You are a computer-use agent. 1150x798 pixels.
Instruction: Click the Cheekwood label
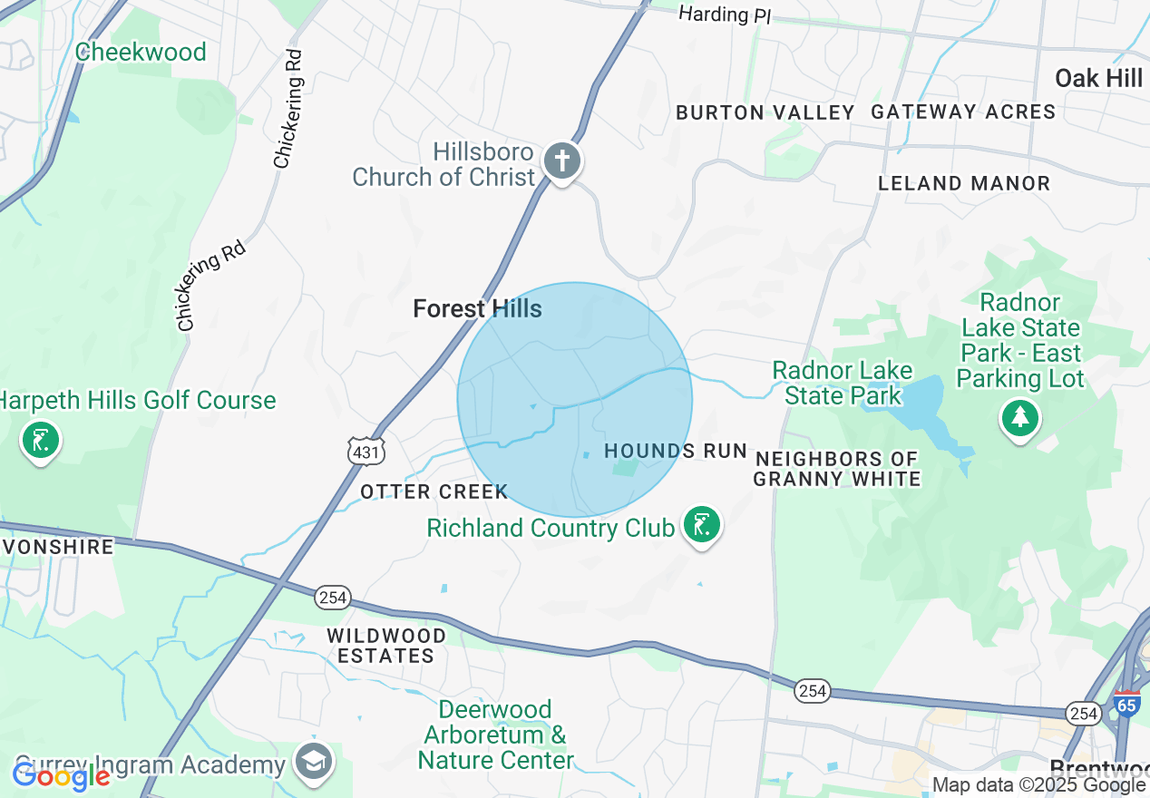[141, 53]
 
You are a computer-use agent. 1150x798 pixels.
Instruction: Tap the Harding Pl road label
[724, 15]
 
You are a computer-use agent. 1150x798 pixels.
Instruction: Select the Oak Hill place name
[1098, 79]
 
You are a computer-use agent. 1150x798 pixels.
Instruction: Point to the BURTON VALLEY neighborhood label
[765, 112]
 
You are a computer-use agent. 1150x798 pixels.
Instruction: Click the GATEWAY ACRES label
[963, 112]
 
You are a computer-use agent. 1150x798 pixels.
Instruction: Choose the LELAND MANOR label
[963, 183]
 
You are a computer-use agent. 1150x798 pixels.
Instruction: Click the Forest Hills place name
[477, 309]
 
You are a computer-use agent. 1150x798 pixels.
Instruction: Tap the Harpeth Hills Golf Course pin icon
[40, 441]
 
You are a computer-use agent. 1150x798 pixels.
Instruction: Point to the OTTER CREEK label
[434, 491]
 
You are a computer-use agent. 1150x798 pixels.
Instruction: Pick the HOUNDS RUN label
[675, 451]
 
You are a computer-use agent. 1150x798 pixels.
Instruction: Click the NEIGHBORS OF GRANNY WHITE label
[836, 469]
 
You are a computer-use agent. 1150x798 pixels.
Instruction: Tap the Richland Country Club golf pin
[701, 525]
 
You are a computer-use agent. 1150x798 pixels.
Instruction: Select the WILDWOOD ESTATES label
[386, 645]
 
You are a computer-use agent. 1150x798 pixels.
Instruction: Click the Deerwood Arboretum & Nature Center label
[496, 735]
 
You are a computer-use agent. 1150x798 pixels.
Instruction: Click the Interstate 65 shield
[1126, 704]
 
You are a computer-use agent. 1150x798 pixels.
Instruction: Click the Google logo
[61, 776]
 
